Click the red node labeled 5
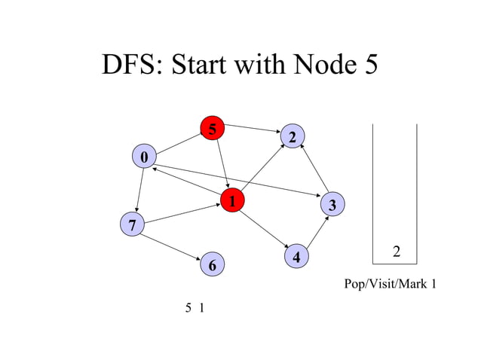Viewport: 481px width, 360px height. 213,130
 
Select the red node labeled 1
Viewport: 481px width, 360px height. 233,201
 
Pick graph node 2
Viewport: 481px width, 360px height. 292,136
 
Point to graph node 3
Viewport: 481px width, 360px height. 332,205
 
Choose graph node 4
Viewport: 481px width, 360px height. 297,257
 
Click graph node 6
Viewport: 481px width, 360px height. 213,265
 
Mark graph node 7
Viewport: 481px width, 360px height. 133,224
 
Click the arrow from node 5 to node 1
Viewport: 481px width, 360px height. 222,163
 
